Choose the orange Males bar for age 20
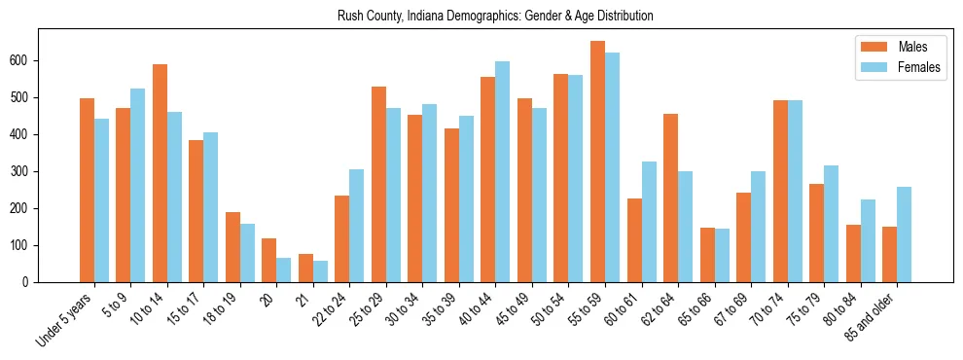(269, 260)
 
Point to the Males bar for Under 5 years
(87, 190)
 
